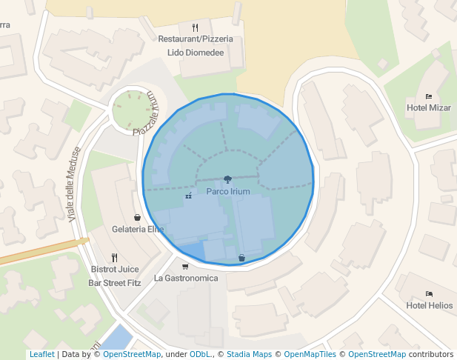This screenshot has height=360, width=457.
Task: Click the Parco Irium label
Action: click(228, 191)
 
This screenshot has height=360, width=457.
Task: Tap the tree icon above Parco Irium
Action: click(227, 179)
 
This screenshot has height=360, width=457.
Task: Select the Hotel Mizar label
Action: click(429, 108)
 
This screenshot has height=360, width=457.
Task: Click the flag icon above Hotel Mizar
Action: click(429, 96)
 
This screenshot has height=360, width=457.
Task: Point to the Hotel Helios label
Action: click(430, 306)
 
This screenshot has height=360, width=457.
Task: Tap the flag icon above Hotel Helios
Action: click(430, 294)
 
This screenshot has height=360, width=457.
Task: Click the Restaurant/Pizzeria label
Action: click(196, 39)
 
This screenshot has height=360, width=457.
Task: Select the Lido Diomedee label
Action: click(196, 53)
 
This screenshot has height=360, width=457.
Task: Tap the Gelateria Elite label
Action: click(138, 230)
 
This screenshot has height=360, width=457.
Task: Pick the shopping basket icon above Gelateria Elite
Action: click(138, 218)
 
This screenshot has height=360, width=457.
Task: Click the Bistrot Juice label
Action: click(115, 270)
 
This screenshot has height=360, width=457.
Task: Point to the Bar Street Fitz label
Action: click(115, 283)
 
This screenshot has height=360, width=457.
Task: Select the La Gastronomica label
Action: click(186, 279)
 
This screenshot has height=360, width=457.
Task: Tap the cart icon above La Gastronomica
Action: click(185, 267)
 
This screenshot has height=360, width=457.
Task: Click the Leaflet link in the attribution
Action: click(41, 355)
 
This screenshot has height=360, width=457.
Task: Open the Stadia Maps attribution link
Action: click(249, 355)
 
